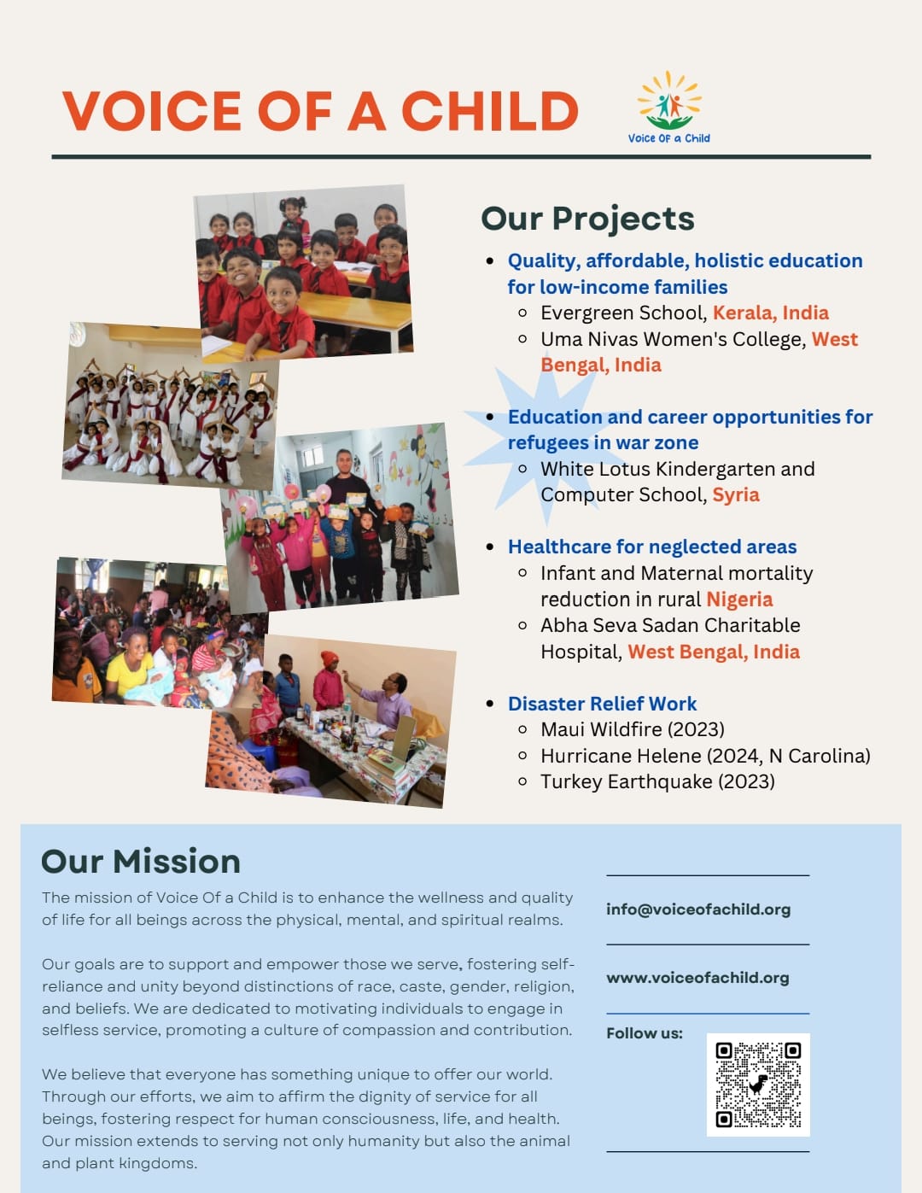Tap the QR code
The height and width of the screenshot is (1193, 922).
coord(758,1085)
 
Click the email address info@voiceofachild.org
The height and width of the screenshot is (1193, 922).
coord(698,909)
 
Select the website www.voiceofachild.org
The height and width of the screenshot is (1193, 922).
coord(697,978)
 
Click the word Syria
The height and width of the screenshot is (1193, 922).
coord(736,495)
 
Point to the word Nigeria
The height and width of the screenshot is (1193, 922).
coord(739,599)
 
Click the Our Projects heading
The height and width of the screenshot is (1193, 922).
coord(587,219)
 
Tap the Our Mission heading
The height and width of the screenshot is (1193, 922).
coord(141,861)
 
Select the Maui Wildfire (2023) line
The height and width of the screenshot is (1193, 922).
coord(632,729)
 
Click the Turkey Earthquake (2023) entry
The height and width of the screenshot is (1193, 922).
coord(657,782)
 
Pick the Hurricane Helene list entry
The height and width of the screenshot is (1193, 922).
coord(705,756)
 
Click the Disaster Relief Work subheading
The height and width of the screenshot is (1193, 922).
coord(602,704)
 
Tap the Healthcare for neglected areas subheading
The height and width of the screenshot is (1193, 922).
coord(651,547)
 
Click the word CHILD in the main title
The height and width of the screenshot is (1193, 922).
coord(489,111)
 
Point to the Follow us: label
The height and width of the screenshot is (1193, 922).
coord(644,1033)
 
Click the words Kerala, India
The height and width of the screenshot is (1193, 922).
coord(771,313)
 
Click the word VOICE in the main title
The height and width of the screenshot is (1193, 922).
coord(152,111)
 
